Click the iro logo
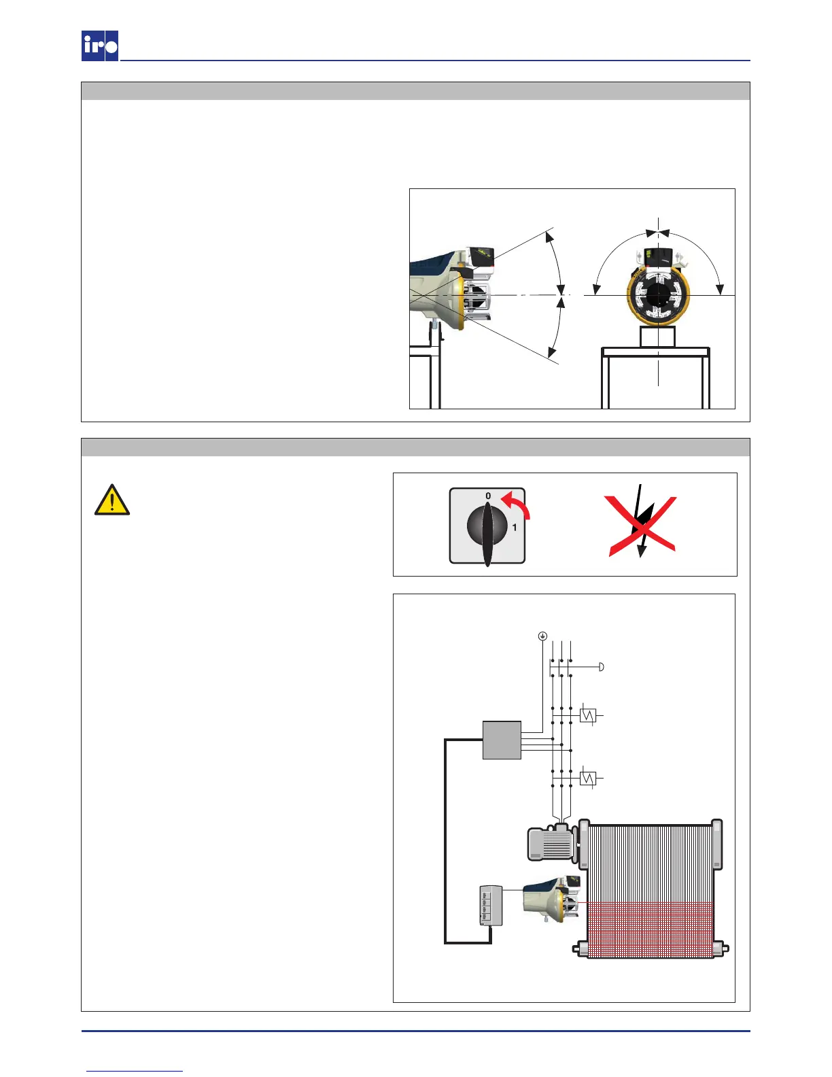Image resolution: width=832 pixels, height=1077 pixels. (x=100, y=46)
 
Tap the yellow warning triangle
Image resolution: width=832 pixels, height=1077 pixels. (x=112, y=500)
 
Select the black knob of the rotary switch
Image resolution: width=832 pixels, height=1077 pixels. (x=487, y=528)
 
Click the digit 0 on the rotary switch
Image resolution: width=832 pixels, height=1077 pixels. (x=487, y=496)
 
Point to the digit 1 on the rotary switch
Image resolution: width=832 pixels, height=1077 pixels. (x=515, y=527)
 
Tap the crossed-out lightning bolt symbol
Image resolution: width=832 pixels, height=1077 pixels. (x=640, y=525)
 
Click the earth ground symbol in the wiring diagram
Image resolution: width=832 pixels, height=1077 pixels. (x=542, y=636)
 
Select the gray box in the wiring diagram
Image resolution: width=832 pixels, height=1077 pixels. (x=502, y=740)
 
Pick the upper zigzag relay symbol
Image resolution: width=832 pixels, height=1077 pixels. (x=588, y=715)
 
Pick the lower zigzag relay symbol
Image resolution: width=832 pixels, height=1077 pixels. (x=588, y=778)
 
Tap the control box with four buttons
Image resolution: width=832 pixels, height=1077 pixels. (x=490, y=905)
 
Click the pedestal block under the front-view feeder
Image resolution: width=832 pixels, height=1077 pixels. (x=657, y=337)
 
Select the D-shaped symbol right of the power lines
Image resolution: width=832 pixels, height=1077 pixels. (x=601, y=667)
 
